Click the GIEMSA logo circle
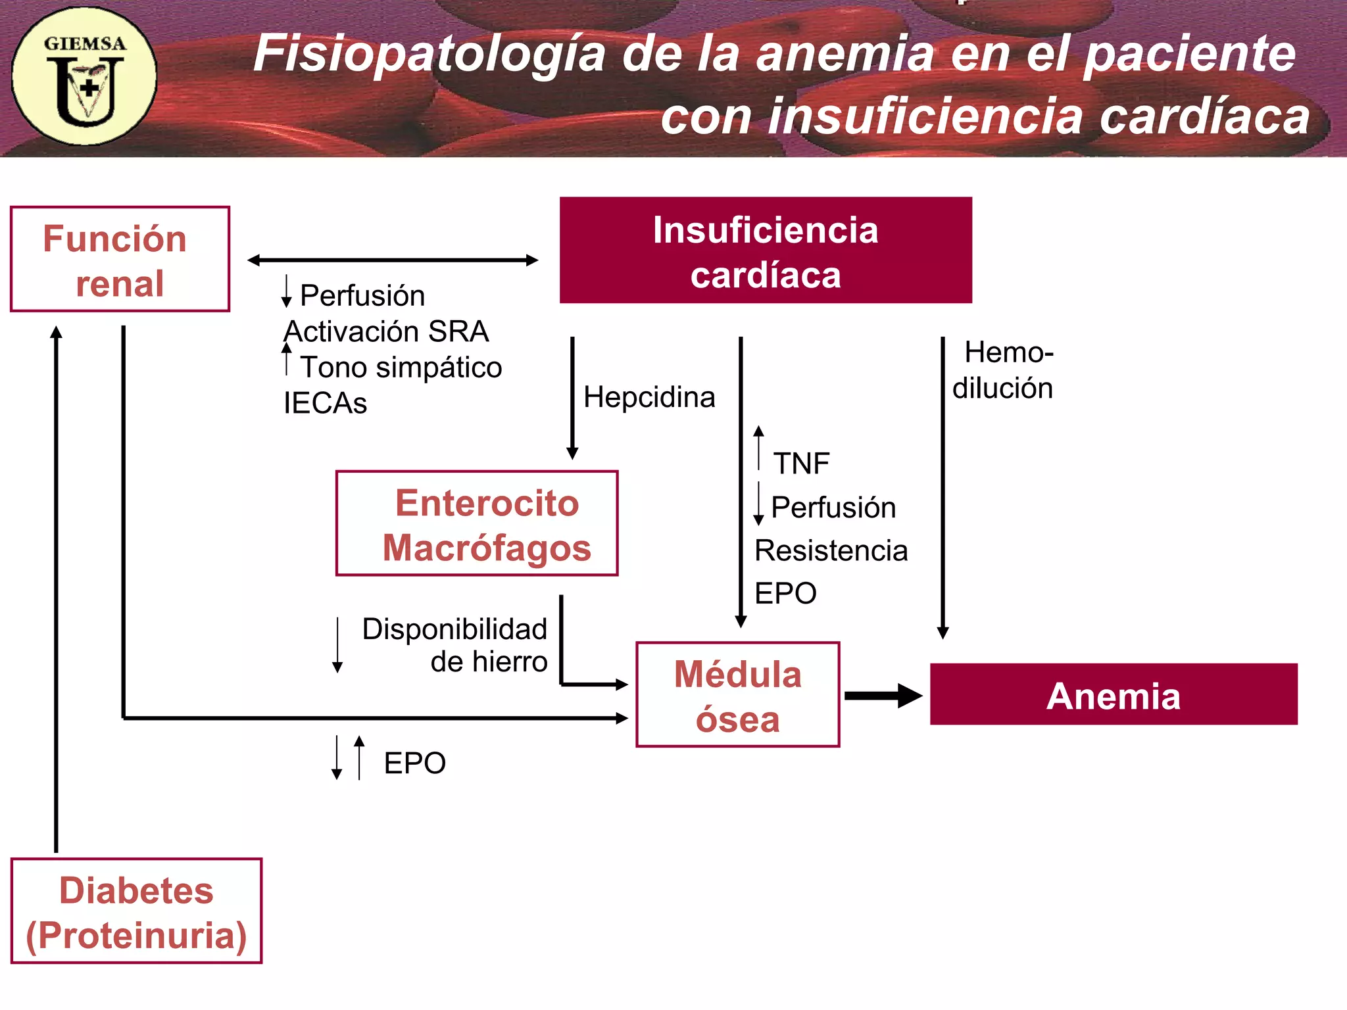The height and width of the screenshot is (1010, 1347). point(84,76)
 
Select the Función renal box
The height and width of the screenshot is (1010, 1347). point(120,259)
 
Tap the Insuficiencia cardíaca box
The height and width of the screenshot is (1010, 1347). point(765,251)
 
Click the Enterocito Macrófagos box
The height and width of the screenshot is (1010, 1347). point(477,523)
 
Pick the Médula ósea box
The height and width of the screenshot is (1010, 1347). point(737,695)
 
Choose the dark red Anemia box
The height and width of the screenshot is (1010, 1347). point(1113,695)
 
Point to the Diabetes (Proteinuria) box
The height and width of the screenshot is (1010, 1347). point(136,911)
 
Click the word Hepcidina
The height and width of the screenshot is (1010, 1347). point(649,397)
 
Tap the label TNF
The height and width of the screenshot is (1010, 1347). point(800,464)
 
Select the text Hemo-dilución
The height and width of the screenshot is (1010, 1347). point(1004,370)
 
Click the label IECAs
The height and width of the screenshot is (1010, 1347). point(325,403)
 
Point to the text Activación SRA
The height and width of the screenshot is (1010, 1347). point(387,331)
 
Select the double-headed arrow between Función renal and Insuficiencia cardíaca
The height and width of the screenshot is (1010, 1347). point(393,260)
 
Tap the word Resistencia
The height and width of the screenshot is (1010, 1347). point(831,550)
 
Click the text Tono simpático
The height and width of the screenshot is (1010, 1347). point(401,367)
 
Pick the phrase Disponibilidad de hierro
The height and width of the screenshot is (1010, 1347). point(455,645)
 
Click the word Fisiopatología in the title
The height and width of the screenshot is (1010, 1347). point(429,54)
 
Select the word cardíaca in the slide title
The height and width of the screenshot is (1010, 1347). point(1205,116)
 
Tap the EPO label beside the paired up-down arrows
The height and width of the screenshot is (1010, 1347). point(414,763)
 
